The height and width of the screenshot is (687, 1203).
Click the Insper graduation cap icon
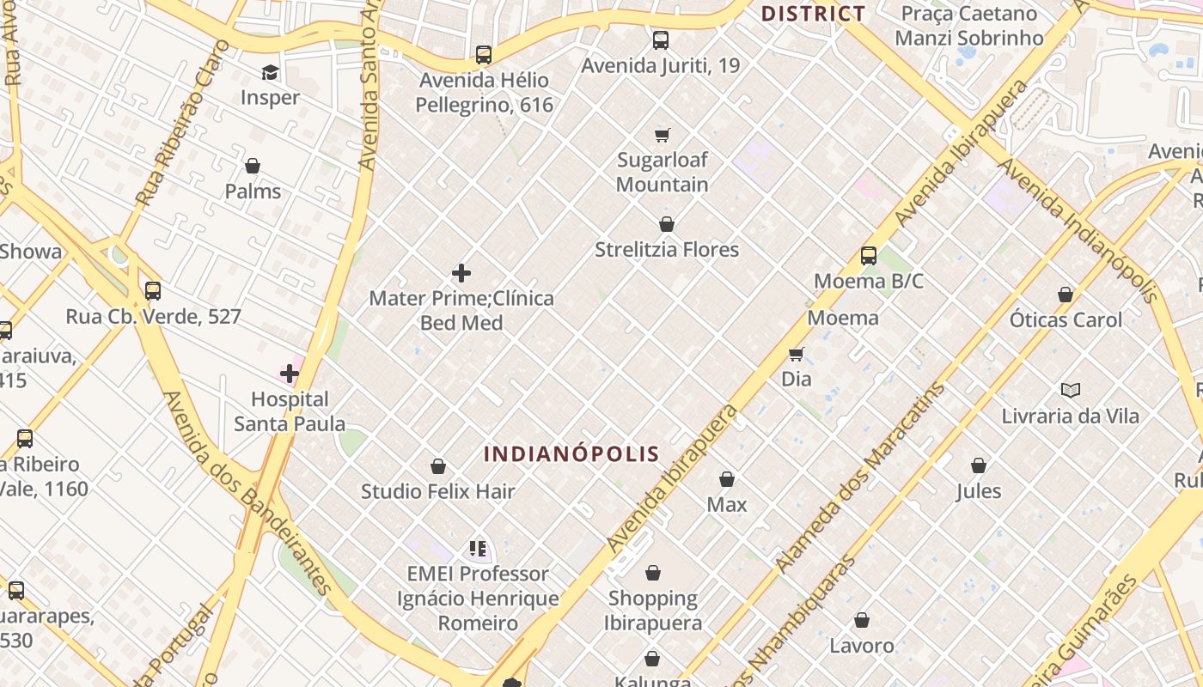tap(271, 72)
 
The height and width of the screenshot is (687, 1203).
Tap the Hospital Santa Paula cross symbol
tap(290, 374)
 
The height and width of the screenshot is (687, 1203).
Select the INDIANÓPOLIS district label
tap(571, 454)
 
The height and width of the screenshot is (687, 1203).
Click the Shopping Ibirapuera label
tap(653, 610)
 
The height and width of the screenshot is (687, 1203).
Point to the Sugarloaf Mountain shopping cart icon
tap(662, 135)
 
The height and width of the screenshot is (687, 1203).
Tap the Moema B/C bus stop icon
tap(869, 256)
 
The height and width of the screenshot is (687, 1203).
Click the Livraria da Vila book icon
tap(1070, 391)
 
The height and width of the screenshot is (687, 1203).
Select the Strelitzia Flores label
tap(667, 250)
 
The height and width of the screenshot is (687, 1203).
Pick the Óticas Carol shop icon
tap(1066, 295)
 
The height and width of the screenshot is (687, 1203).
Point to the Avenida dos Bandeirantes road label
tap(247, 494)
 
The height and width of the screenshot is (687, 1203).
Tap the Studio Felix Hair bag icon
tap(438, 466)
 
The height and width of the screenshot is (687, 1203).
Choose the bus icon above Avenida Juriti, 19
tap(660, 40)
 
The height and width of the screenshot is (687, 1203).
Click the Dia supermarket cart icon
tap(797, 354)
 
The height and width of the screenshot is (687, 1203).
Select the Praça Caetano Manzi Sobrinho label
tap(968, 26)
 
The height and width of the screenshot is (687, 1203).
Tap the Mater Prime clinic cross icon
tap(461, 273)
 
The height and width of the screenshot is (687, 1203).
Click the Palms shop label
tap(253, 191)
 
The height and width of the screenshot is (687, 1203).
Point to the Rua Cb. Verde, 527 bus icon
tap(153, 291)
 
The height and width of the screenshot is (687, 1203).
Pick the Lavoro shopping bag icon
tap(862, 620)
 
